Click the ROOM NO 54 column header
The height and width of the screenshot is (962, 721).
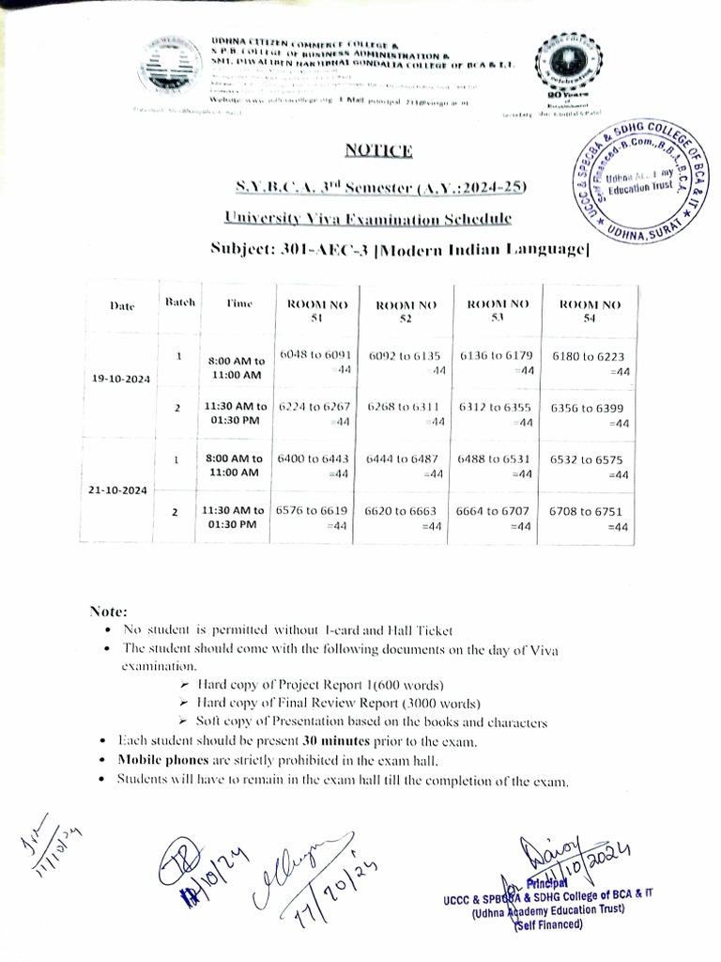pos(590,311)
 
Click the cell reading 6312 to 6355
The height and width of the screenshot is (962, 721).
pos(496,414)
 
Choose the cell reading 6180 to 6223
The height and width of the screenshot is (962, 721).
pos(591,364)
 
